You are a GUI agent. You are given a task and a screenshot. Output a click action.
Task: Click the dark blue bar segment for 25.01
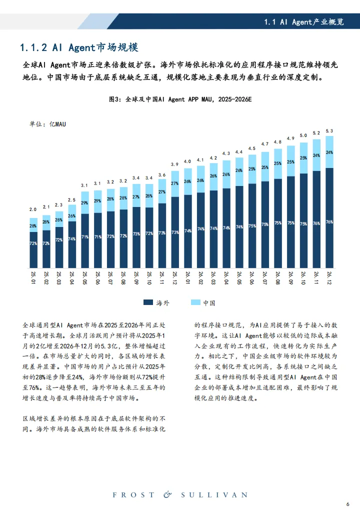33,249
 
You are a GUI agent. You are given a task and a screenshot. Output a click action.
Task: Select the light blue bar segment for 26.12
329,152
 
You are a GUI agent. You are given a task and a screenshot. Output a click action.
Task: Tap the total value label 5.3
329,131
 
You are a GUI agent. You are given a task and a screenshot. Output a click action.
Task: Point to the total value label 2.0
33,209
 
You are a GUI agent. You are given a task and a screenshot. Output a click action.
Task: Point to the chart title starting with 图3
180,99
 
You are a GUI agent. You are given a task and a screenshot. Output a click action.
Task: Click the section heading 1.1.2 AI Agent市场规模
78,48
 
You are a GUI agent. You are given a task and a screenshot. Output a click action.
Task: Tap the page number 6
347,503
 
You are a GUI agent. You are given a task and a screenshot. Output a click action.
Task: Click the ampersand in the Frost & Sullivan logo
167,494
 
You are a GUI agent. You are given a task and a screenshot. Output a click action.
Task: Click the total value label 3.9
175,164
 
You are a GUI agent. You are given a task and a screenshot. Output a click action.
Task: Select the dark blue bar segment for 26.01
188,230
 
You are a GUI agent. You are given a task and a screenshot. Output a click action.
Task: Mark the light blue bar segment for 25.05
85,202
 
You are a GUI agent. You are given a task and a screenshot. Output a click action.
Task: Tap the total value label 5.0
303,135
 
